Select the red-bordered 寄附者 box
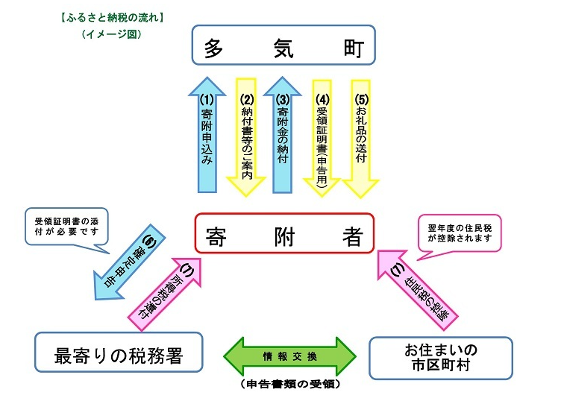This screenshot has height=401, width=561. [x=283, y=234]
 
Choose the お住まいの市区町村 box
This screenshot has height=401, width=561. [x=441, y=357]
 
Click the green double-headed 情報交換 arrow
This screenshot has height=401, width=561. [x=291, y=356]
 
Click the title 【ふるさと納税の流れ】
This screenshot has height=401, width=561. [x=113, y=16]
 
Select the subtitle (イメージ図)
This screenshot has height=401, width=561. [x=112, y=34]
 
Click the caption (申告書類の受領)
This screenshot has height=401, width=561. [x=291, y=385]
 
